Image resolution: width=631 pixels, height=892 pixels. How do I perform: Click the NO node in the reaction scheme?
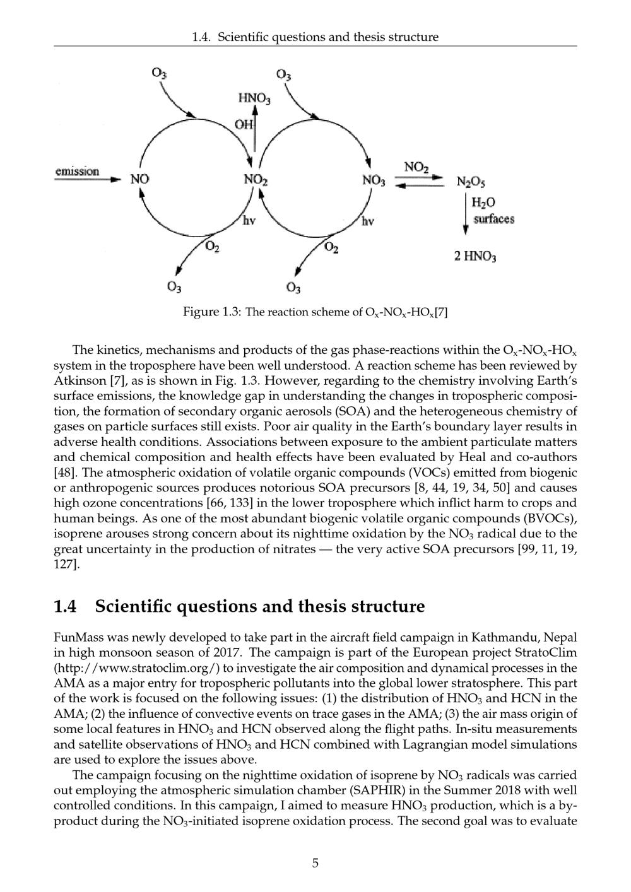139,180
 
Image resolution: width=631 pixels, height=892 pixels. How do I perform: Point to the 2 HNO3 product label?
475,257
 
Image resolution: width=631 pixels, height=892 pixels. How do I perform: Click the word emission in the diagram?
78,172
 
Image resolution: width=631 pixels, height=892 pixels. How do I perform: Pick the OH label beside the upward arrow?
244,124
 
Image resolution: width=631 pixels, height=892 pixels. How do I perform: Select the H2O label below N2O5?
484,202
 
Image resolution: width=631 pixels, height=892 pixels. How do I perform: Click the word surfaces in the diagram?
494,220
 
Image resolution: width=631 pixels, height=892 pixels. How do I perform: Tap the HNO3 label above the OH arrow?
254,99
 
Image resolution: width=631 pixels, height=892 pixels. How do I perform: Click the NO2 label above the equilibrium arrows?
416,168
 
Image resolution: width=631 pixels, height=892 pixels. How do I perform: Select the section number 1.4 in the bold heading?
66,607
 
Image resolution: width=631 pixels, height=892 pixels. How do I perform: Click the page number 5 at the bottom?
315,863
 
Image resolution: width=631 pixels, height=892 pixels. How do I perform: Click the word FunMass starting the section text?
78,637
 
